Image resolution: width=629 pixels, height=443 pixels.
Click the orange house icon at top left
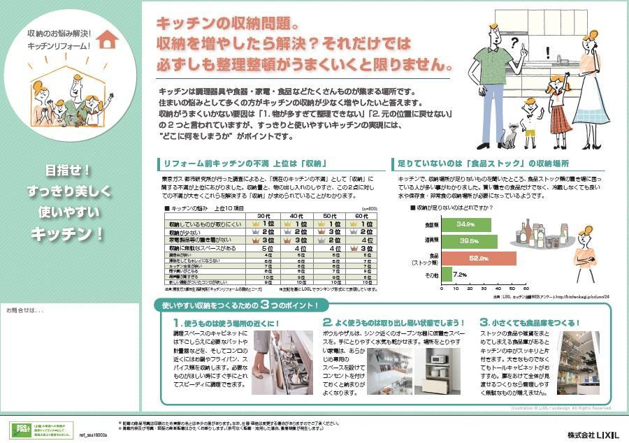point(106,40)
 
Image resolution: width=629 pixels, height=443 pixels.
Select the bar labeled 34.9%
point(466,224)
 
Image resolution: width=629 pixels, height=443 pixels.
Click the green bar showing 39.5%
point(470,241)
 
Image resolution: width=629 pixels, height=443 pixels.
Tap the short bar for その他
point(447,275)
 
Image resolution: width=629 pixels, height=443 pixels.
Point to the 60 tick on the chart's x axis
point(526,288)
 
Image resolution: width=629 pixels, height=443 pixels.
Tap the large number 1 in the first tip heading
point(178,323)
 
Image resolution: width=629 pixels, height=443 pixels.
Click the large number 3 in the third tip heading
point(484,323)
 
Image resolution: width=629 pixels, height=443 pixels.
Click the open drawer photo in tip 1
point(282,363)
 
